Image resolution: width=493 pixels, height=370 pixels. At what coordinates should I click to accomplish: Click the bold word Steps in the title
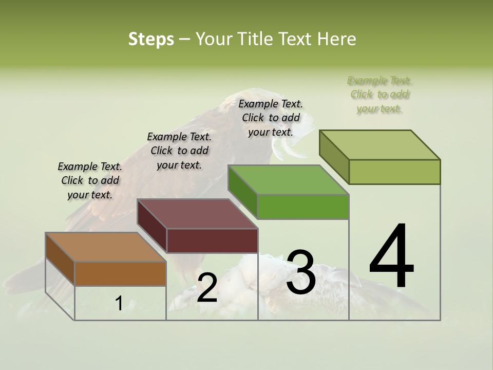[x=151, y=39]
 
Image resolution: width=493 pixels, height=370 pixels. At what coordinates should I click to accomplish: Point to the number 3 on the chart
[x=301, y=272]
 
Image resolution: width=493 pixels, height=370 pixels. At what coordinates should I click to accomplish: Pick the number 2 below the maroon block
[x=207, y=288]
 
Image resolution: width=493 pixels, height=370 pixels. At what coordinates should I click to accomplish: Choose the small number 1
[x=119, y=304]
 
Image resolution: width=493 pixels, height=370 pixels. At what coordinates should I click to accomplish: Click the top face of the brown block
[x=106, y=247]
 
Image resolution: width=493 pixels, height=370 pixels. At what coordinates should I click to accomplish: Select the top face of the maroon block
[x=197, y=214]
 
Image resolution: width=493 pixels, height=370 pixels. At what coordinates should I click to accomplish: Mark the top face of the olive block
[x=380, y=145]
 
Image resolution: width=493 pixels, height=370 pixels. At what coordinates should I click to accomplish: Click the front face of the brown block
[x=120, y=274]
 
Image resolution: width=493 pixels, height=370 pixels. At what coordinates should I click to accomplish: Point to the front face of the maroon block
[x=212, y=240]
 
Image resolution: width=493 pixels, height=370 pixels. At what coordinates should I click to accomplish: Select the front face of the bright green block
[x=303, y=207]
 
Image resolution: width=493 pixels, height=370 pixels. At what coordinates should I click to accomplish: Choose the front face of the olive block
[x=394, y=172]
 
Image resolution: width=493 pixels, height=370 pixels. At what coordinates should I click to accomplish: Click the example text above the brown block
[x=90, y=181]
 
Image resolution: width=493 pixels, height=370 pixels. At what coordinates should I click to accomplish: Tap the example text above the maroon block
[x=179, y=151]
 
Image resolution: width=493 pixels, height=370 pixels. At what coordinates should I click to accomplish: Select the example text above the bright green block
[x=271, y=118]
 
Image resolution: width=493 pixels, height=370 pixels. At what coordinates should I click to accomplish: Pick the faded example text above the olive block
[x=380, y=95]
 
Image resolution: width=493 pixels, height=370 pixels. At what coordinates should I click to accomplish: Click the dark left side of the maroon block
[x=152, y=226]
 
